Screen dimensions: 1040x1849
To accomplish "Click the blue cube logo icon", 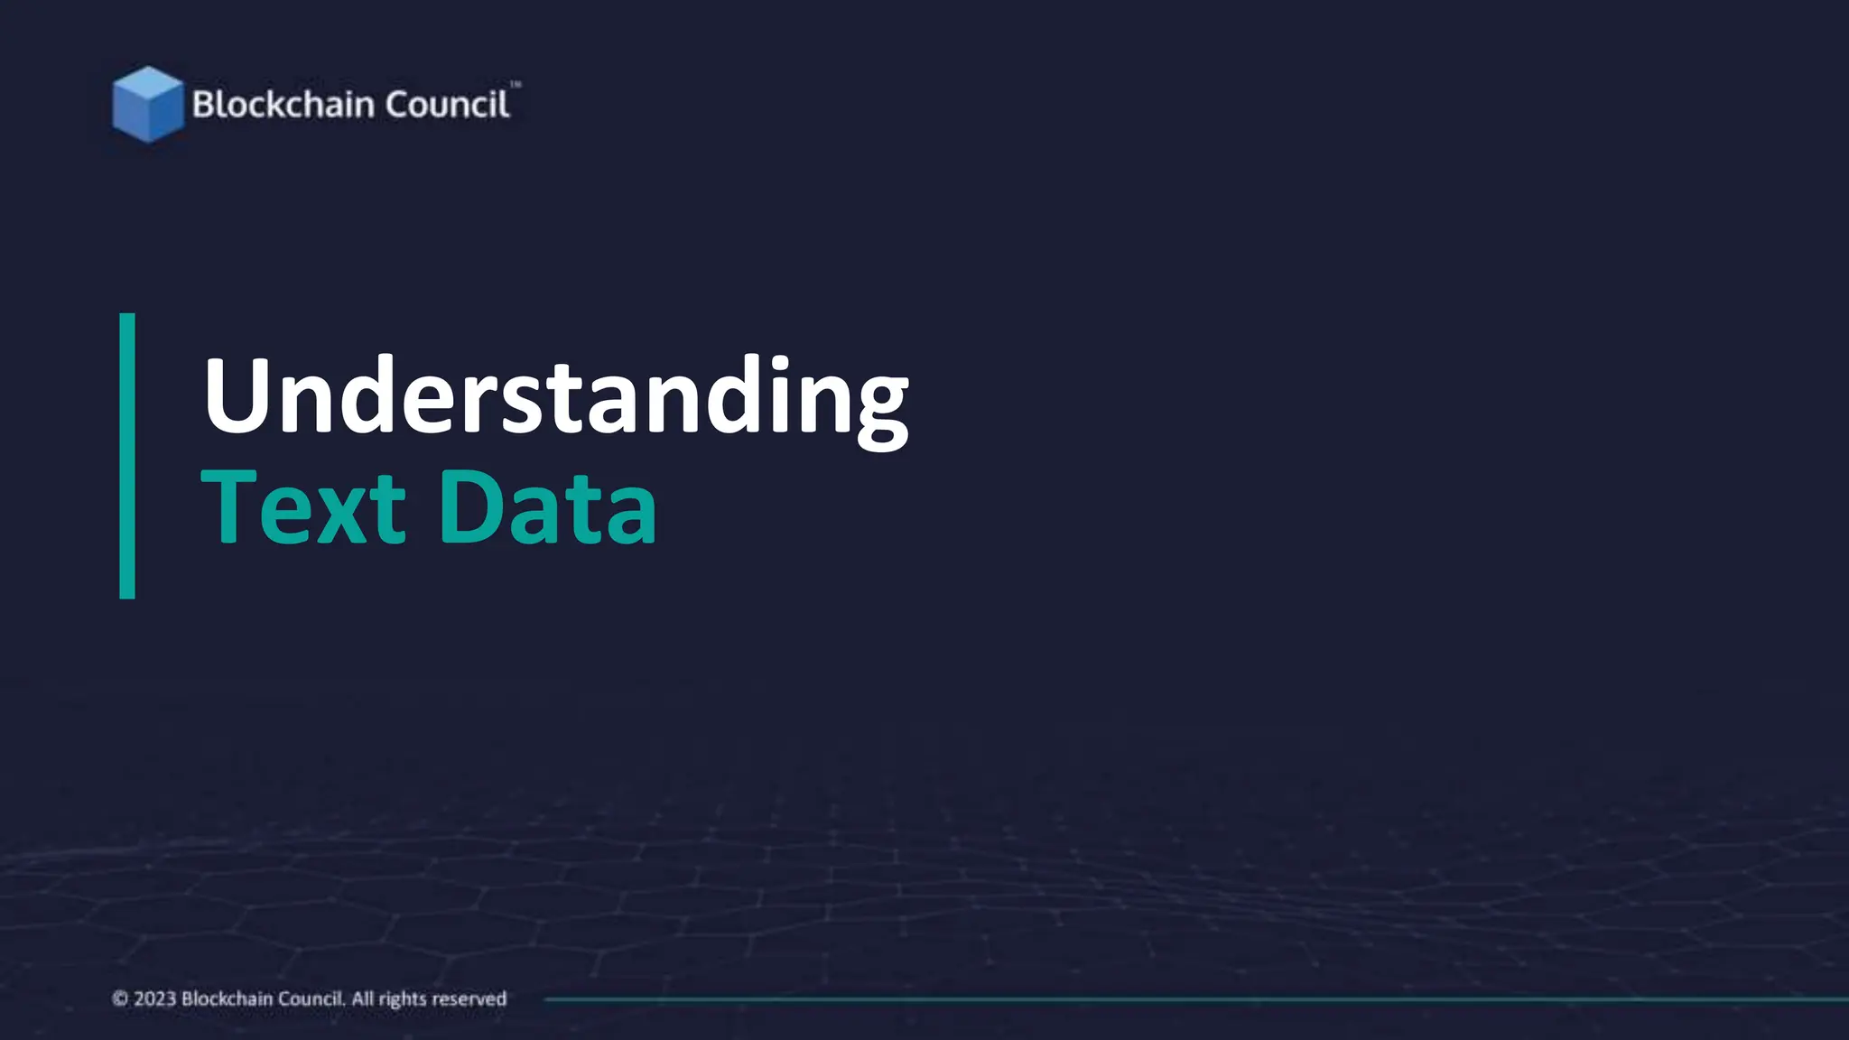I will (x=147, y=104).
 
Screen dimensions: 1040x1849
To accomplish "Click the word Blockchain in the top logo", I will (x=283, y=105).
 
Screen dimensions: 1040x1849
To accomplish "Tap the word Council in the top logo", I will (x=447, y=105).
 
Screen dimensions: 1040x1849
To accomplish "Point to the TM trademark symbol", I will (x=516, y=85).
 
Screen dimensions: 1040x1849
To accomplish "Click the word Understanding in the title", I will (x=555, y=397).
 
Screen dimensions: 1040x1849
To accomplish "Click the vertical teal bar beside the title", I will (x=127, y=456).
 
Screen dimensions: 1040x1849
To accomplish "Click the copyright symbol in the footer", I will (x=120, y=998).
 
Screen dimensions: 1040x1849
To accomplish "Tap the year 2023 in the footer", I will (x=154, y=998).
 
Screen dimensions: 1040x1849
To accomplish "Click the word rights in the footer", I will (x=402, y=999).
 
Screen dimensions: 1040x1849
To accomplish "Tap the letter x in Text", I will (x=339, y=515).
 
